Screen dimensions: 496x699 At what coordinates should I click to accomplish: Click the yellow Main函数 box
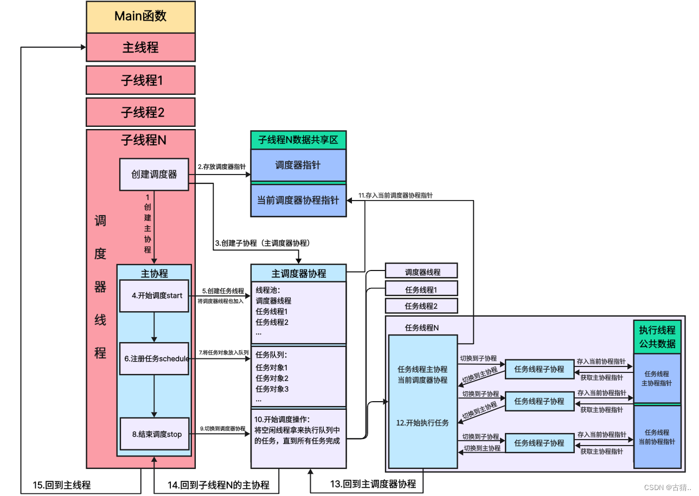(140, 16)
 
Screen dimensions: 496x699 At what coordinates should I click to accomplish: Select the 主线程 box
(140, 47)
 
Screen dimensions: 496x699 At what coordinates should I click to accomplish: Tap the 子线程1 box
(140, 80)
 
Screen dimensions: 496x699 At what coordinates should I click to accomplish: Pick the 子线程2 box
(140, 112)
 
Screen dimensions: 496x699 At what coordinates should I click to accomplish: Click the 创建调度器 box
(154, 175)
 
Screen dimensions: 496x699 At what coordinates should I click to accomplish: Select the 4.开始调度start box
(154, 296)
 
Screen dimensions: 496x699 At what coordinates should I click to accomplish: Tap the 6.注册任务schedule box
(154, 358)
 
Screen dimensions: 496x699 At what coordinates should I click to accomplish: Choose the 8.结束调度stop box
(154, 434)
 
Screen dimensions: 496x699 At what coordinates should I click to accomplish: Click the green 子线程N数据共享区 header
(298, 140)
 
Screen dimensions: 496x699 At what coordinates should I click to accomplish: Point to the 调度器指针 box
(298, 165)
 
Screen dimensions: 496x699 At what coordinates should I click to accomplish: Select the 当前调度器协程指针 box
(298, 200)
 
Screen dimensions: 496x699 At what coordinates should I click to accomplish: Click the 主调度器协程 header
(298, 273)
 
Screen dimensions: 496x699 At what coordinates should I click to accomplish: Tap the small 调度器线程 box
(421, 272)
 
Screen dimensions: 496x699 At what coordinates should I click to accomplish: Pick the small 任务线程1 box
(421, 289)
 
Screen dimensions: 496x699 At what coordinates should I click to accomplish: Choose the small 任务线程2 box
(421, 306)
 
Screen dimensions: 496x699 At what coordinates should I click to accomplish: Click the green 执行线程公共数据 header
(657, 337)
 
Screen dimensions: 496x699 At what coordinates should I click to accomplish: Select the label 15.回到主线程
(62, 485)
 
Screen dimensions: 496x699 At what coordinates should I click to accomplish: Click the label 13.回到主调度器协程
(373, 484)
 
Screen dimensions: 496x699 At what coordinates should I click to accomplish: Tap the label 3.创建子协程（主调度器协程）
(265, 243)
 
